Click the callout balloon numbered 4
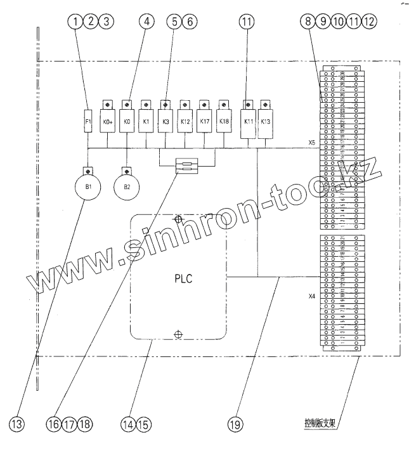(147, 21)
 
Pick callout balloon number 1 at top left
(77, 21)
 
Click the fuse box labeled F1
(89, 121)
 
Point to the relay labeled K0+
(108, 121)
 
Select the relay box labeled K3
(166, 121)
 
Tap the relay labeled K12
(185, 121)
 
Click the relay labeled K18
(224, 121)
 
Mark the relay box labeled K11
(248, 121)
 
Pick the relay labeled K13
(266, 121)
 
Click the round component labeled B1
(89, 187)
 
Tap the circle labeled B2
(127, 187)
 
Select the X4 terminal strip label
(311, 296)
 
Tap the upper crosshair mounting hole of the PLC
(179, 219)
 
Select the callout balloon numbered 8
(309, 21)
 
